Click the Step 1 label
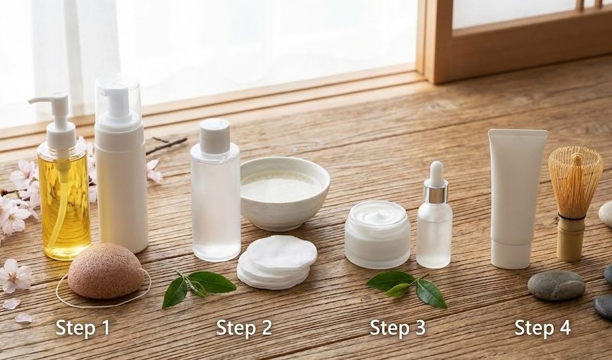click(83, 328)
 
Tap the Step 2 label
click(244, 328)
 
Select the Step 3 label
click(398, 328)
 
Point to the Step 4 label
click(542, 328)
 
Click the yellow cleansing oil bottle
click(64, 203)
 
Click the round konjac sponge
click(105, 271)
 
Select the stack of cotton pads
click(276, 262)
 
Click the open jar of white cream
click(377, 234)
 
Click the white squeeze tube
click(516, 197)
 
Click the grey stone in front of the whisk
click(556, 285)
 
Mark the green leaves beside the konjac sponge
click(197, 285)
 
